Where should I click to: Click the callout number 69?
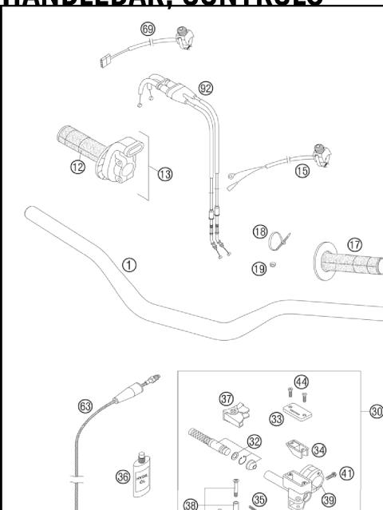point(148,30)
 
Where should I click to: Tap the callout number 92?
point(206,88)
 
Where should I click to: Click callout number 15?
point(302,172)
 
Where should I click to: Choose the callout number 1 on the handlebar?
point(128,264)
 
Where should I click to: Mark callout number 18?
point(259,232)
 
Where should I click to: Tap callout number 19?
point(259,269)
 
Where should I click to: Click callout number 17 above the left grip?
point(354,244)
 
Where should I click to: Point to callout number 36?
point(123,476)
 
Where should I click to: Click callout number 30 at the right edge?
point(376,411)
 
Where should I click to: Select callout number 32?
point(255,440)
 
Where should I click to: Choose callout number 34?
point(319,450)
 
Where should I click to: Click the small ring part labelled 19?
point(272,264)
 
